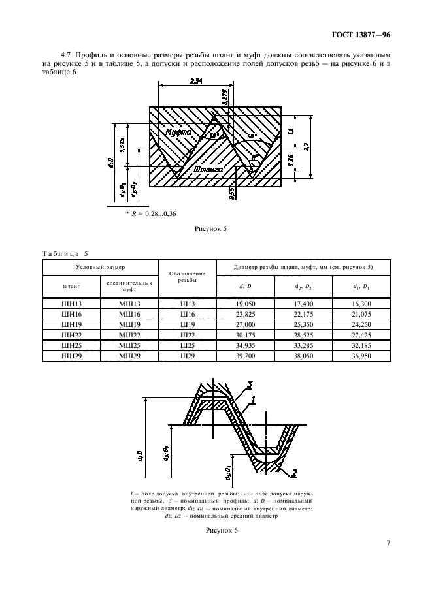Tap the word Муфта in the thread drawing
click(x=178, y=133)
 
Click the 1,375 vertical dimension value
click(x=122, y=144)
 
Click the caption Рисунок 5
click(x=210, y=230)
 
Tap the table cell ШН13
click(x=71, y=304)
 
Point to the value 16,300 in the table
click(x=361, y=304)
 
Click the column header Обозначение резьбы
click(x=188, y=277)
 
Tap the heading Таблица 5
click(x=64, y=253)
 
